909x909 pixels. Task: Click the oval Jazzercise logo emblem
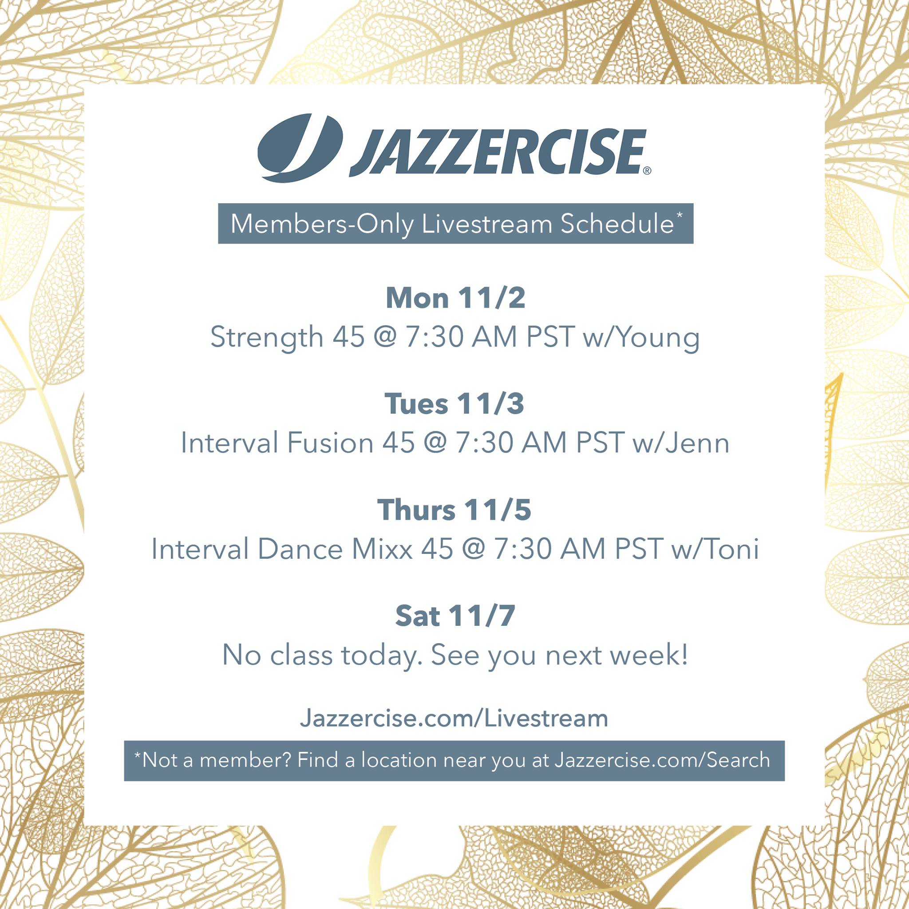tap(300, 148)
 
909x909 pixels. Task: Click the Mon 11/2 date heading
tap(455, 298)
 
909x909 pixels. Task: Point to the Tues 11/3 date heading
tap(454, 404)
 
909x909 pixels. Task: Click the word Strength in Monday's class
tap(266, 338)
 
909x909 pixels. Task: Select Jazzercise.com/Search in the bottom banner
tap(662, 760)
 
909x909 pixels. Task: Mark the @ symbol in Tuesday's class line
tap(436, 444)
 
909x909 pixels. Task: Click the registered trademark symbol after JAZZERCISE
tap(647, 171)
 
